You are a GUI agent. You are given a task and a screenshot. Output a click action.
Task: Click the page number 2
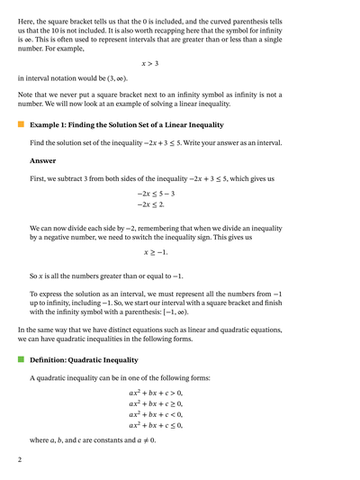20,459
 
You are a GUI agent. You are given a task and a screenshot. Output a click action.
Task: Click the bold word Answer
42,161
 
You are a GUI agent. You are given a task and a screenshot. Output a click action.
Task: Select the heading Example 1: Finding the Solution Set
127,124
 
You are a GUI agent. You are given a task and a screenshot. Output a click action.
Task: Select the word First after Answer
40,179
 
